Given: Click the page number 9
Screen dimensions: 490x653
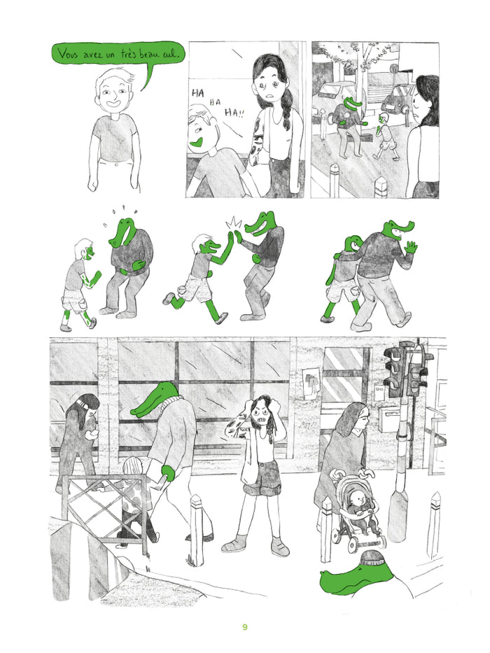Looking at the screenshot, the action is [x=244, y=627].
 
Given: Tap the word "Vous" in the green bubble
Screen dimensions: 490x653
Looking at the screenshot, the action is [x=69, y=54].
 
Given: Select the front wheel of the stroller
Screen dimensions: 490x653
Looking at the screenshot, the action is [x=353, y=545].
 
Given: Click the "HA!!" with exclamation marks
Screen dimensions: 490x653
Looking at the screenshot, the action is [x=234, y=113].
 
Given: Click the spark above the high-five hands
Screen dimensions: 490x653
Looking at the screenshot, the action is [x=233, y=223].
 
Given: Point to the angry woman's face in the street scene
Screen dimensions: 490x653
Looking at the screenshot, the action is [x=262, y=412].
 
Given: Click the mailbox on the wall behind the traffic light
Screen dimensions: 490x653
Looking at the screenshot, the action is [x=390, y=418].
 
